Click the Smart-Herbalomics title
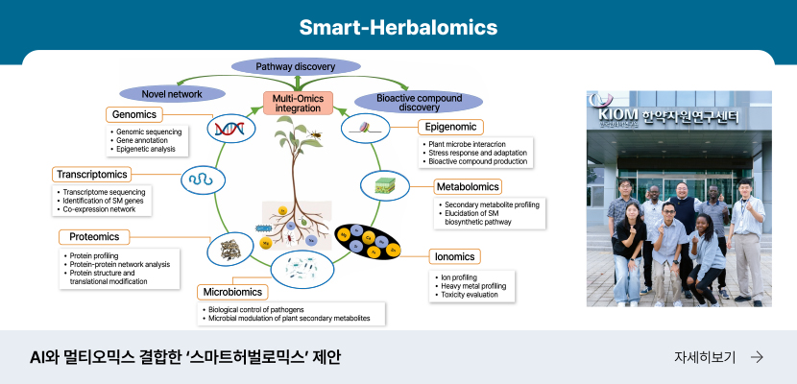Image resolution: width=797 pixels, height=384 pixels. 398,26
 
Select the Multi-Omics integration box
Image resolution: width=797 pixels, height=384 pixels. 298,103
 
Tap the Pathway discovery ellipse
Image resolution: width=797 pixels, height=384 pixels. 295,66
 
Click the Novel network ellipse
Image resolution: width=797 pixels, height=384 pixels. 172,93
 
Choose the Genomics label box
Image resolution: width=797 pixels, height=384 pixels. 134,114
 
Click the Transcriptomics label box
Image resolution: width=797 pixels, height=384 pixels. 91,175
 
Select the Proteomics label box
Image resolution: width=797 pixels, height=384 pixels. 94,236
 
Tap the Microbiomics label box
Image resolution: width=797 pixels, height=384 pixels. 233,292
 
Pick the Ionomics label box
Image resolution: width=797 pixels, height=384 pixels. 454,257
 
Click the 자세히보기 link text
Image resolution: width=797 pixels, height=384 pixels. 705,357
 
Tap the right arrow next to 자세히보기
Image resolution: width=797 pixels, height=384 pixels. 757,357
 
